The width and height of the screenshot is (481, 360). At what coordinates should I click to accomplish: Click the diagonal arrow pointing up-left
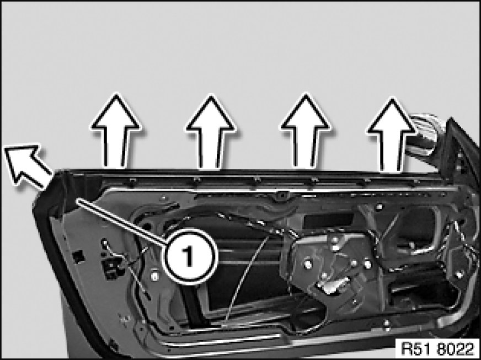click(x=28, y=165)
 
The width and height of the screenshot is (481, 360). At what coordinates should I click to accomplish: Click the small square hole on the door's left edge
click(x=79, y=256)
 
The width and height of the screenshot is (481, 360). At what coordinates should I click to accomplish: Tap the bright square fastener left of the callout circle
click(x=155, y=277)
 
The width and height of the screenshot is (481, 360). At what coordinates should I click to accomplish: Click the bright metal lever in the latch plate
click(x=334, y=285)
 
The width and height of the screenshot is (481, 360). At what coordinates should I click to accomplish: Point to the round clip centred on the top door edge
click(x=281, y=195)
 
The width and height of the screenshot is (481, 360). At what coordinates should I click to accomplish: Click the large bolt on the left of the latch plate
click(x=307, y=263)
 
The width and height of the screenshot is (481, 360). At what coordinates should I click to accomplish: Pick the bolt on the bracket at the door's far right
click(x=459, y=275)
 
